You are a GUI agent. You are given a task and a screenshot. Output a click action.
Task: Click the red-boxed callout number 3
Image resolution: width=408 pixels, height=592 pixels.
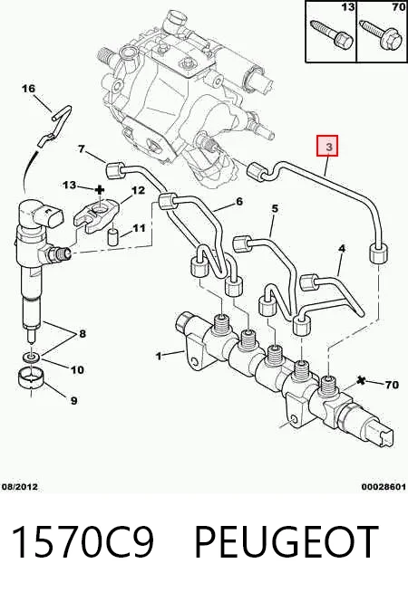(328, 146)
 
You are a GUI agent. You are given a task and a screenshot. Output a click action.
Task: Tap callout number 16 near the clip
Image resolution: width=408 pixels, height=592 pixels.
(28, 89)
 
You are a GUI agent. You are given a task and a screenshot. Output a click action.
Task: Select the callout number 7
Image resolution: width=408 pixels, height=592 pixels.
(81, 149)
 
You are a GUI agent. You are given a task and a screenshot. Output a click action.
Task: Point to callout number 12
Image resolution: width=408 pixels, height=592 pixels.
(138, 190)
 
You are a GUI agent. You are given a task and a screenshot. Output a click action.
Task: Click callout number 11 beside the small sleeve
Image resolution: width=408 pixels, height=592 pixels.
(139, 228)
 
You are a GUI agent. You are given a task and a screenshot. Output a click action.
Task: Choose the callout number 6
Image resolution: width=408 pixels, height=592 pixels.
(239, 202)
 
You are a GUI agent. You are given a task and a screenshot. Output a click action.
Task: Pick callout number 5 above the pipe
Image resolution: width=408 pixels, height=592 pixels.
(275, 208)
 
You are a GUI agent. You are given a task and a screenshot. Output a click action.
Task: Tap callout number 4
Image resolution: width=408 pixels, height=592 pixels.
(342, 248)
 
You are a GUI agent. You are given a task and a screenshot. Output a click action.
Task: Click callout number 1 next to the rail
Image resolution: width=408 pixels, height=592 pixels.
(159, 356)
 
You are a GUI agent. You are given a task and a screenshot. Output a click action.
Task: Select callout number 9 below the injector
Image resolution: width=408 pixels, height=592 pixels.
(73, 400)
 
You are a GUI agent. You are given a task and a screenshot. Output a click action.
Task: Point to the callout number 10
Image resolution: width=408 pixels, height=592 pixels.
(77, 369)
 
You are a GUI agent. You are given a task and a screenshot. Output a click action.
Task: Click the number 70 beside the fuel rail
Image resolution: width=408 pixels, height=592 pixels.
(392, 385)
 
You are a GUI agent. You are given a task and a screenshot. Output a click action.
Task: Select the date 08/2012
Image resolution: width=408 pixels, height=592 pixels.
(20, 487)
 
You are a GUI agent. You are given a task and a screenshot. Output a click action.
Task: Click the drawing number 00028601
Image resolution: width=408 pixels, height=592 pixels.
(384, 487)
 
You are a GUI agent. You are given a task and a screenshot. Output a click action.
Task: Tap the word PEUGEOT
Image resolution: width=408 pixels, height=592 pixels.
(287, 541)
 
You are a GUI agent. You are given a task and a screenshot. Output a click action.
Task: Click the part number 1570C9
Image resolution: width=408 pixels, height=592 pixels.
(83, 541)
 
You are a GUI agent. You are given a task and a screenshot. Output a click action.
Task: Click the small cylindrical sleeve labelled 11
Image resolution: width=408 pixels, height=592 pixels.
(113, 237)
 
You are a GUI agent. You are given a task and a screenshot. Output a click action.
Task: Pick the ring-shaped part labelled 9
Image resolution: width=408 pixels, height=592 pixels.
(31, 379)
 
